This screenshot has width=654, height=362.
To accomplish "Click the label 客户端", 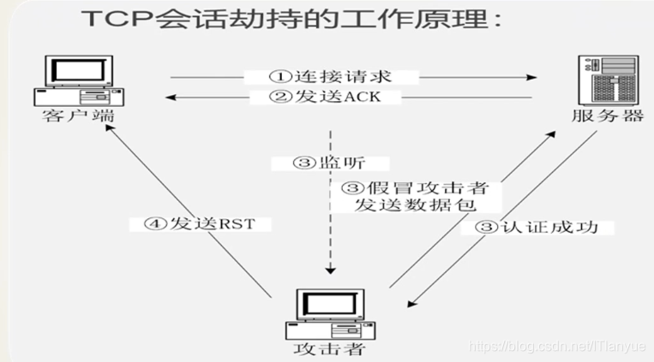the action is pyautogui.click(x=76, y=116).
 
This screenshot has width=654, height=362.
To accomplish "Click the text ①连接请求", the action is pyautogui.click(x=331, y=77).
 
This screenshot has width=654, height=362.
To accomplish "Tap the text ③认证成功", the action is pyautogui.click(x=535, y=228).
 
